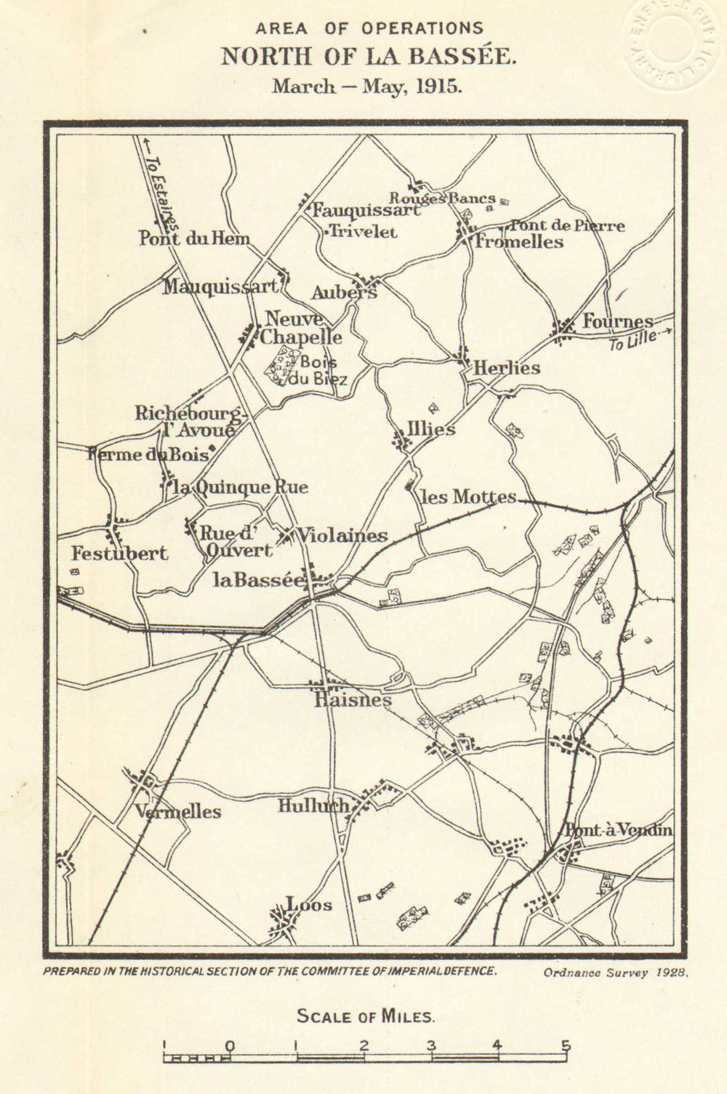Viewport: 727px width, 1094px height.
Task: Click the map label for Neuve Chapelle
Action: coord(302,328)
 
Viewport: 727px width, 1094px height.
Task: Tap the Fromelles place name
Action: coord(519,242)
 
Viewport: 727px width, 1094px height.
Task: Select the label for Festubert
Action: coord(119,554)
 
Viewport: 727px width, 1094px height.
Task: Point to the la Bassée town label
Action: coord(257,580)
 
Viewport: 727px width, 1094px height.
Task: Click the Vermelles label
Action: coord(179,811)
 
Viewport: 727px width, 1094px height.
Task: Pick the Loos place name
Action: coord(310,905)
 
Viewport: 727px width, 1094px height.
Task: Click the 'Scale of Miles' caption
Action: coord(364,1015)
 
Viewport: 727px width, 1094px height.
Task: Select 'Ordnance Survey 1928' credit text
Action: coord(614,971)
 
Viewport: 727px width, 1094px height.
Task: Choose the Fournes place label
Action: coord(617,321)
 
